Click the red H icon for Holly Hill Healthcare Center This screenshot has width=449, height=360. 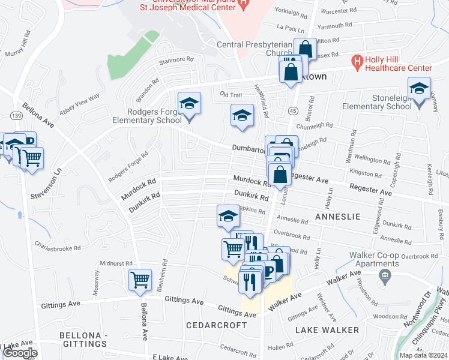(357, 61)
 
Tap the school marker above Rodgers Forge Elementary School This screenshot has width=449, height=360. (189, 104)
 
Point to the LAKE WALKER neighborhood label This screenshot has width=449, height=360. (328, 330)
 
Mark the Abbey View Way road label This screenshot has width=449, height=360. (79, 103)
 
